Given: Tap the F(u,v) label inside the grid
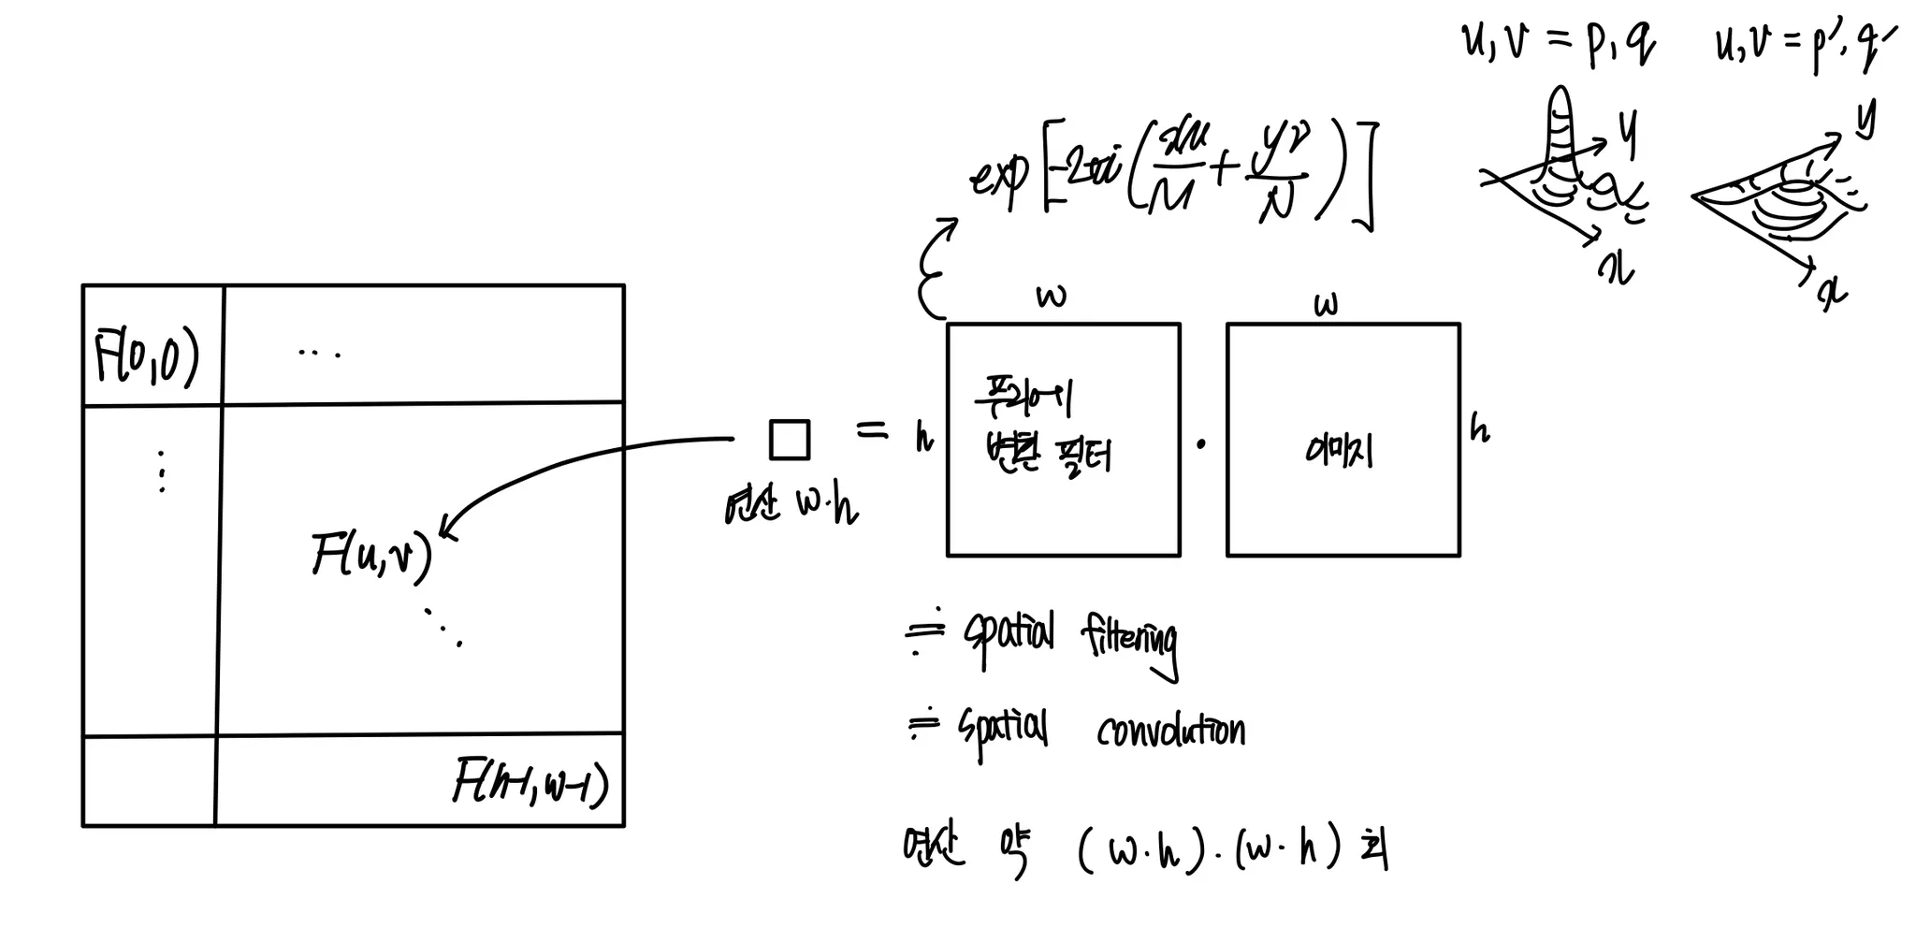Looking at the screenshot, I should pos(372,556).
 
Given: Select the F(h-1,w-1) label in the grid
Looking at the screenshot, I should pos(530,784).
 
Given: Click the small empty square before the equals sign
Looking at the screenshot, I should pos(789,440).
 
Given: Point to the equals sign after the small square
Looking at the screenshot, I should pos(872,430).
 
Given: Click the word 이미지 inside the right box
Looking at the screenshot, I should pos(1340,452).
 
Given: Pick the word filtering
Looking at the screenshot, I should pos(1129,641).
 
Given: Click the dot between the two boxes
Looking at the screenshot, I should pos(1201,444).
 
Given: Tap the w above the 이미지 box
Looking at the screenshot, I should pos(1326,305).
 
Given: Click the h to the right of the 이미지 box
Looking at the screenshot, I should pos(1479,428).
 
